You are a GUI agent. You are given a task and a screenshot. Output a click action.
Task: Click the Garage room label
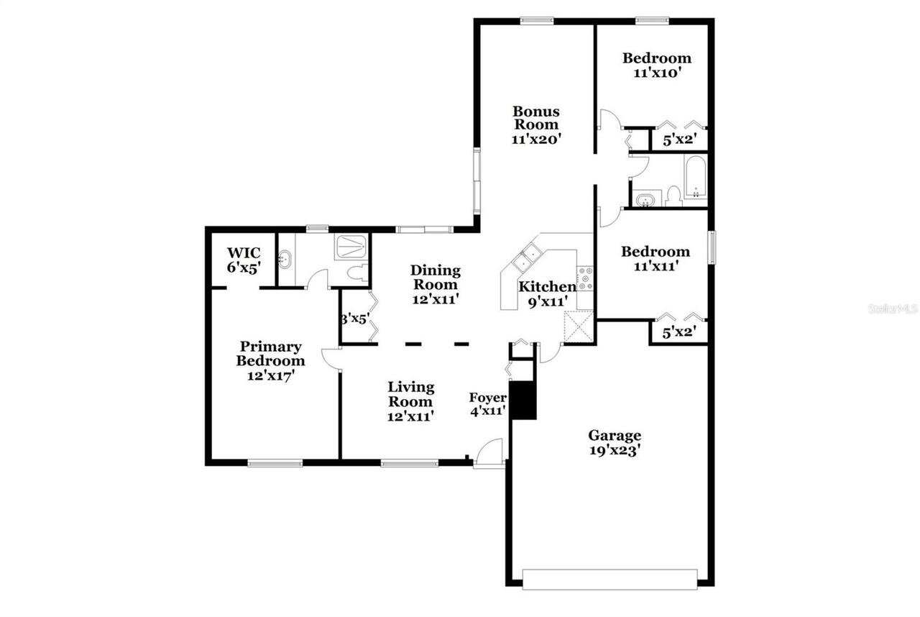(615, 442)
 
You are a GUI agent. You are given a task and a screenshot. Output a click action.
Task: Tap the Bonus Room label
(535, 125)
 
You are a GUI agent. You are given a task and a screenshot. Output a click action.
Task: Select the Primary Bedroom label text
(271, 360)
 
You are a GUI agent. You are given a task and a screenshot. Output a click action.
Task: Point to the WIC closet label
(244, 260)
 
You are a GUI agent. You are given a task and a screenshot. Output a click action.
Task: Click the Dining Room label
(436, 284)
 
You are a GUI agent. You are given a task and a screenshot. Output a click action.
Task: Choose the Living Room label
(411, 401)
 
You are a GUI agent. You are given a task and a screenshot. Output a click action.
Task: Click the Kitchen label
(546, 293)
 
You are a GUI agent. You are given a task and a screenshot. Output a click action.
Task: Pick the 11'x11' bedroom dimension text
(655, 266)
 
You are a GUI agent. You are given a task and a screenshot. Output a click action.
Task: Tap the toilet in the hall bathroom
(673, 195)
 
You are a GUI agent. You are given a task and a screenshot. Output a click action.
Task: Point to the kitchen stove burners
(585, 278)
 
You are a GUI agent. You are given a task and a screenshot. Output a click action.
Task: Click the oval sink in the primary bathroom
(286, 259)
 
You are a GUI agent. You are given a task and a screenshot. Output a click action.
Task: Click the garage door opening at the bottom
(609, 578)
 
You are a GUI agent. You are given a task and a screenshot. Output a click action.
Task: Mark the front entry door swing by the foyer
(492, 453)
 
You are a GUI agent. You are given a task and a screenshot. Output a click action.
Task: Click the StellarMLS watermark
(893, 308)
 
